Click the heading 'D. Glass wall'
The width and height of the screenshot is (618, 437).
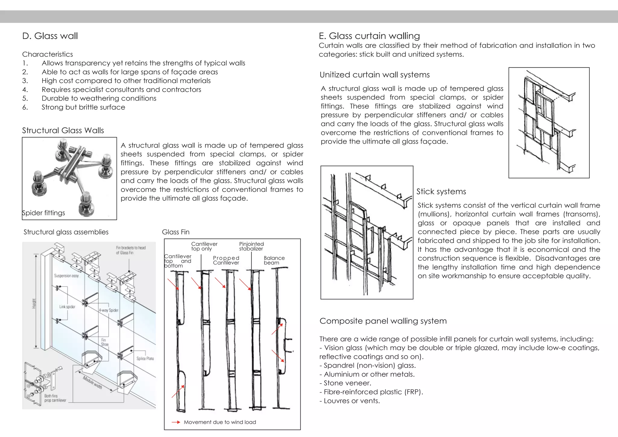coord(50,36)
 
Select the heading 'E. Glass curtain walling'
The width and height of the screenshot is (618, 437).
coord(369,36)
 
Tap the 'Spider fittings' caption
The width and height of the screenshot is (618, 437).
coord(43,213)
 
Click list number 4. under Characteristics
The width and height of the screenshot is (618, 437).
coord(25,90)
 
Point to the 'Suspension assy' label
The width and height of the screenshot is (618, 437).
coord(66,276)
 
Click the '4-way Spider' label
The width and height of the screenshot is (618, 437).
coord(108,310)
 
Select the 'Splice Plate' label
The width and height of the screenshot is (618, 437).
coord(145,359)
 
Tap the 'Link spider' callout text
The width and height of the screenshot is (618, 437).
coord(67,307)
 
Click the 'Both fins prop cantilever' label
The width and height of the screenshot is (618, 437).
coord(55,398)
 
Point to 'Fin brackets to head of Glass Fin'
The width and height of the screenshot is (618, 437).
coord(131,250)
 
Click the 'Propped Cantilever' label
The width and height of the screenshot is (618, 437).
coord(226,260)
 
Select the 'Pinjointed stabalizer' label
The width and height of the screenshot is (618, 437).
coord(251,246)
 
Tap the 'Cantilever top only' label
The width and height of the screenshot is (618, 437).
coord(204,246)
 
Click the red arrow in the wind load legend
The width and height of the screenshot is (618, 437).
coord(176,422)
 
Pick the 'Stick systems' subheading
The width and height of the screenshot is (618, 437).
coord(441,192)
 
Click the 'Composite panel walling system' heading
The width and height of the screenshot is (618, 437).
coord(383,321)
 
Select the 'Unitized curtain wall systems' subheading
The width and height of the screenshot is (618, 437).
coord(374,75)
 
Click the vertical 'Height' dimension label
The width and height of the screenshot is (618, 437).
coord(34,303)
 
